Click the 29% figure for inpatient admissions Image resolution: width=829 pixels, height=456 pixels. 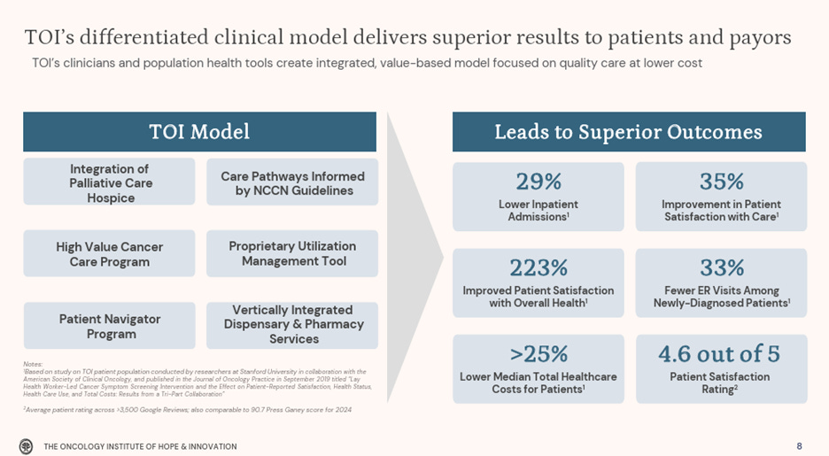coord(538,182)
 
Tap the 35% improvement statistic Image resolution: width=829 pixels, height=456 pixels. coord(721,182)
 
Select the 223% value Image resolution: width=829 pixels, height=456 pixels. coord(538,267)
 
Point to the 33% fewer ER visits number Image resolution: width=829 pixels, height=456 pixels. coord(721,267)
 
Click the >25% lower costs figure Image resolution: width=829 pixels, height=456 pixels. coord(538,354)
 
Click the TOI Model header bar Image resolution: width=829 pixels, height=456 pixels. coord(199,132)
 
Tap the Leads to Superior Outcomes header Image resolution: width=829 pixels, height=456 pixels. coord(628,132)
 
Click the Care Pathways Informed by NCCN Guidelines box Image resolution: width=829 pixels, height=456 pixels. coord(292,183)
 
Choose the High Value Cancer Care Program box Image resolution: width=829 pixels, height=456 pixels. coord(110,254)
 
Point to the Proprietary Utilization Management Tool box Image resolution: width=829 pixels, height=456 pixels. coord(292,253)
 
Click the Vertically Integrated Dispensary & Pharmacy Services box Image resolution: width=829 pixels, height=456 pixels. coord(293,324)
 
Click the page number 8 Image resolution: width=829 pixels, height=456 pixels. coord(799,446)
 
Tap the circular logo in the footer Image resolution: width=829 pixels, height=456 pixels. coord(27,445)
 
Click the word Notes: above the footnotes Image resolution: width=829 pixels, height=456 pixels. coord(33,364)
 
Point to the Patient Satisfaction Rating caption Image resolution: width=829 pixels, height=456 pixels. coord(721,383)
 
